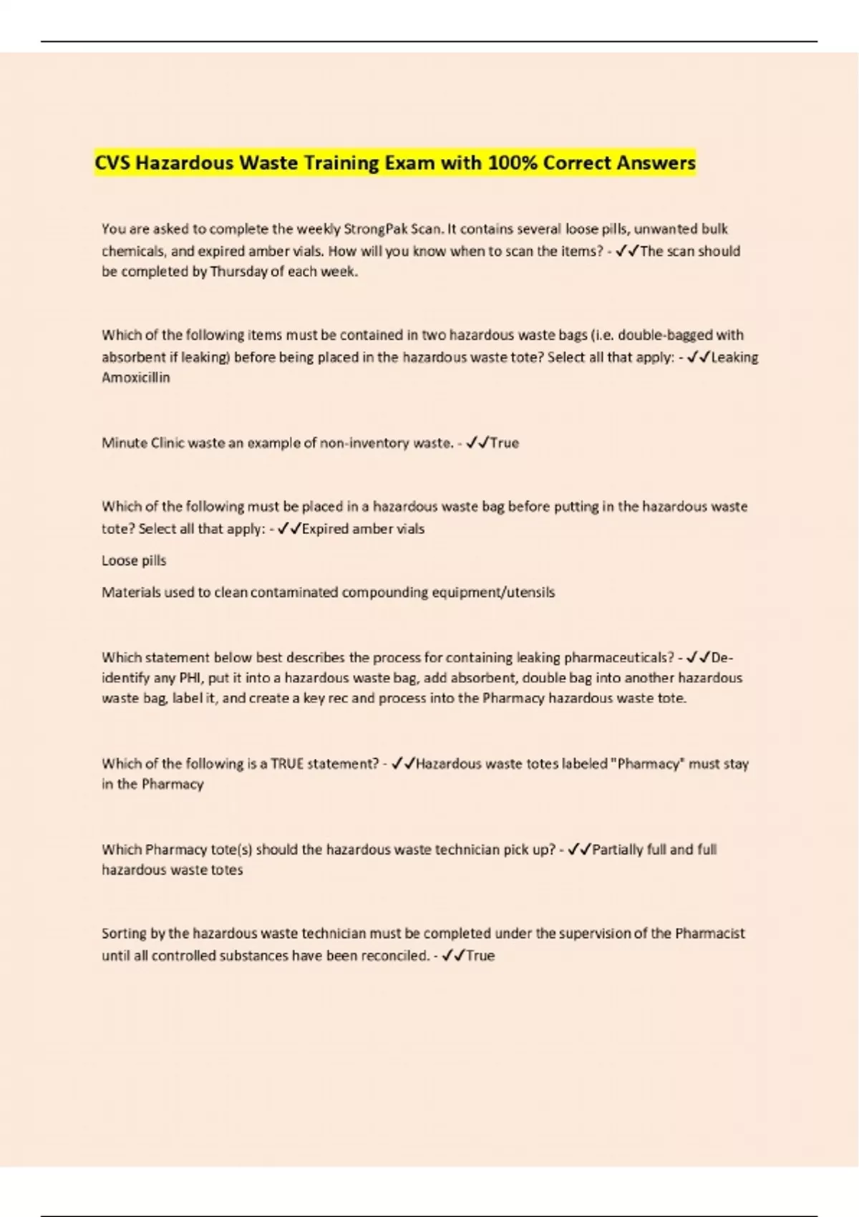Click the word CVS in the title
point(113,163)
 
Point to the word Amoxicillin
point(136,378)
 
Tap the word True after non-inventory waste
point(504,443)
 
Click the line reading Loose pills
point(134,561)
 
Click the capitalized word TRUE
point(287,764)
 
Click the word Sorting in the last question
point(125,934)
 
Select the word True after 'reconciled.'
point(480,956)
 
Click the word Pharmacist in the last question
point(709,934)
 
